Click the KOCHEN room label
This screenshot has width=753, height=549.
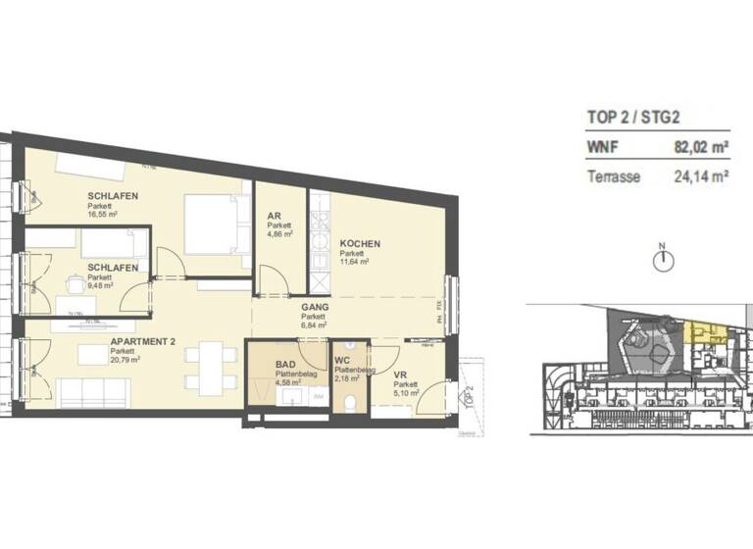coord(360,243)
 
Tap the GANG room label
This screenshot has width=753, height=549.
coord(314,307)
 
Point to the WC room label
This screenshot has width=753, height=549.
coord(342,361)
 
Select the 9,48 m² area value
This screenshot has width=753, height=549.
coord(101,286)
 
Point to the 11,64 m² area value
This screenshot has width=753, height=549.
coord(354,262)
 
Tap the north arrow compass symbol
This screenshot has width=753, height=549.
coord(664,260)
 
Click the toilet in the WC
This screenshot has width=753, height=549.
coord(350,402)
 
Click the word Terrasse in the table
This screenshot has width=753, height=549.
coord(613,177)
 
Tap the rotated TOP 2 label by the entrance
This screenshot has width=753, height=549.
coord(469,398)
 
